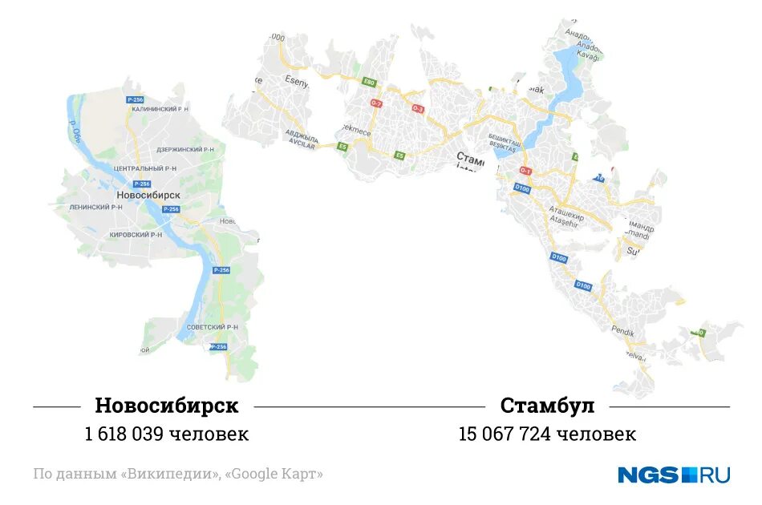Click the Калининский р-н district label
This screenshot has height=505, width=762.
pyautogui.click(x=160, y=108)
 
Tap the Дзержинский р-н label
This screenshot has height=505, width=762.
pyautogui.click(x=185, y=149)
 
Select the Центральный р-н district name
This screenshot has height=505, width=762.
pyautogui.click(x=145, y=169)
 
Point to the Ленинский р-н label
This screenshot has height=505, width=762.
pyautogui.click(x=96, y=207)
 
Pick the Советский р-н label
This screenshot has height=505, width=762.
pyautogui.click(x=213, y=327)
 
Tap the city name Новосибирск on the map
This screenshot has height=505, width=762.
pyautogui.click(x=148, y=195)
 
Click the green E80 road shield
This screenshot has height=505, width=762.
pyautogui.click(x=369, y=82)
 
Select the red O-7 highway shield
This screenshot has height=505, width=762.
pyautogui.click(x=376, y=103)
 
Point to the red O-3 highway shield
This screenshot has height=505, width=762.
pyautogui.click(x=417, y=108)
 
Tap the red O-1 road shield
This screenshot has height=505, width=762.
pyautogui.click(x=525, y=171)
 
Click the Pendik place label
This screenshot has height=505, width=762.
pyautogui.click(x=622, y=330)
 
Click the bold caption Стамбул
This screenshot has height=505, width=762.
pyautogui.click(x=547, y=406)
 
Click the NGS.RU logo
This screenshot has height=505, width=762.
pyautogui.click(x=673, y=475)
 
